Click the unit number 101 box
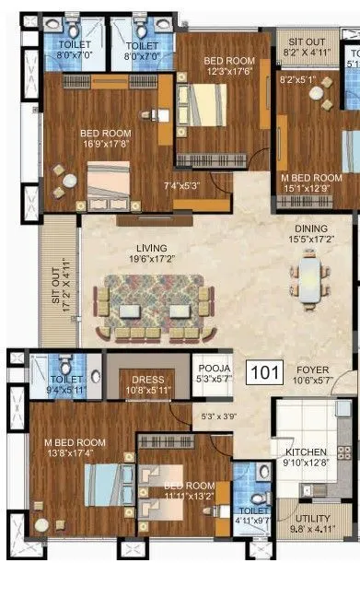[x=266, y=373]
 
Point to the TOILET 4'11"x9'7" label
[x=253, y=515]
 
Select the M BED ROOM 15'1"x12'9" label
[x=310, y=183]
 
